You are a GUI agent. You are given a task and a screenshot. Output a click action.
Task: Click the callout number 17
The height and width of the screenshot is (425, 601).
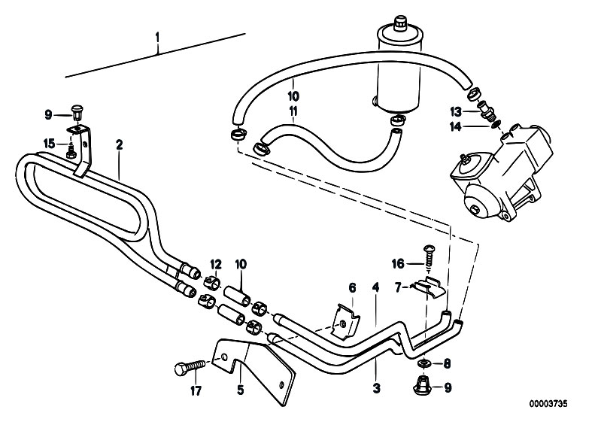[196, 391]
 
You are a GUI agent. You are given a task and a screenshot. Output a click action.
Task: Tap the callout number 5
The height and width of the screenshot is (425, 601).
[240, 390]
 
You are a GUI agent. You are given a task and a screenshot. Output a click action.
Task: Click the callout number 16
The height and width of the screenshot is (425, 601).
[398, 264]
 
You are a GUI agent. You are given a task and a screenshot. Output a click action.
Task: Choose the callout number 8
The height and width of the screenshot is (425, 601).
[447, 363]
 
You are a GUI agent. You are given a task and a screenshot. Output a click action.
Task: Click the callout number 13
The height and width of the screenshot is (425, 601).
[456, 112]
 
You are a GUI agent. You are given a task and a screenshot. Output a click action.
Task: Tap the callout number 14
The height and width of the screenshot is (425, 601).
[456, 126]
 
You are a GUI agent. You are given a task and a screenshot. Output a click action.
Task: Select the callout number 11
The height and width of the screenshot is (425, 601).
[293, 111]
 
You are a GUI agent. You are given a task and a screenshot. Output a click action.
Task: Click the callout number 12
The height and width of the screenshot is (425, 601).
[216, 264]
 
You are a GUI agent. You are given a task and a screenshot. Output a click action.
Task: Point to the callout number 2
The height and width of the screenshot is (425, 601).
[119, 145]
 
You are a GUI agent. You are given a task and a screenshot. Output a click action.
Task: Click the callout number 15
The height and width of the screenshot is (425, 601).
[49, 144]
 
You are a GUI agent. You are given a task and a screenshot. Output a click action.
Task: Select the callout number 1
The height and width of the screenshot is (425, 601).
[157, 38]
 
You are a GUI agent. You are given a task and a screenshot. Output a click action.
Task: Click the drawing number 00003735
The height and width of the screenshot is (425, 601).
[548, 403]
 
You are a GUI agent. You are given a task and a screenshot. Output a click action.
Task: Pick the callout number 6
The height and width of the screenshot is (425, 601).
[352, 288]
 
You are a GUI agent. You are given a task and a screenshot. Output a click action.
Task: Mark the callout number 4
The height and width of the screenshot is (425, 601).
[375, 287]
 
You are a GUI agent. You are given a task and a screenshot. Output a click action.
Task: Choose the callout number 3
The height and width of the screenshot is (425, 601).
[376, 388]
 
